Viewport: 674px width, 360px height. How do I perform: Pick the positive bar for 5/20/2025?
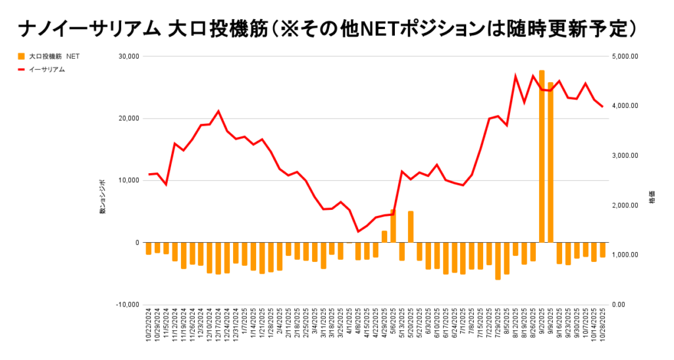(411, 226)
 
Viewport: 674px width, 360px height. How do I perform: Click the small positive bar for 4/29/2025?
(384, 236)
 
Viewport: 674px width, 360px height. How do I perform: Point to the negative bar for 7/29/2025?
(498, 261)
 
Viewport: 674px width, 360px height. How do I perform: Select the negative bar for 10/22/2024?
(148, 248)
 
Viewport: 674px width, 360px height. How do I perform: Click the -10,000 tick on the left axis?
(125, 305)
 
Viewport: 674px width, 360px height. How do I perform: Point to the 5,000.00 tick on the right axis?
(625, 57)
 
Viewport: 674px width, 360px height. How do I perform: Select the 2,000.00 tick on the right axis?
(625, 205)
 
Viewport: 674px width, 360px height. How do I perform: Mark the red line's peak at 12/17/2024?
(219, 111)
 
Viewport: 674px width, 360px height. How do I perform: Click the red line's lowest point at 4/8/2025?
(358, 232)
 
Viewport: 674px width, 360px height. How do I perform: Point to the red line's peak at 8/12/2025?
(515, 76)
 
